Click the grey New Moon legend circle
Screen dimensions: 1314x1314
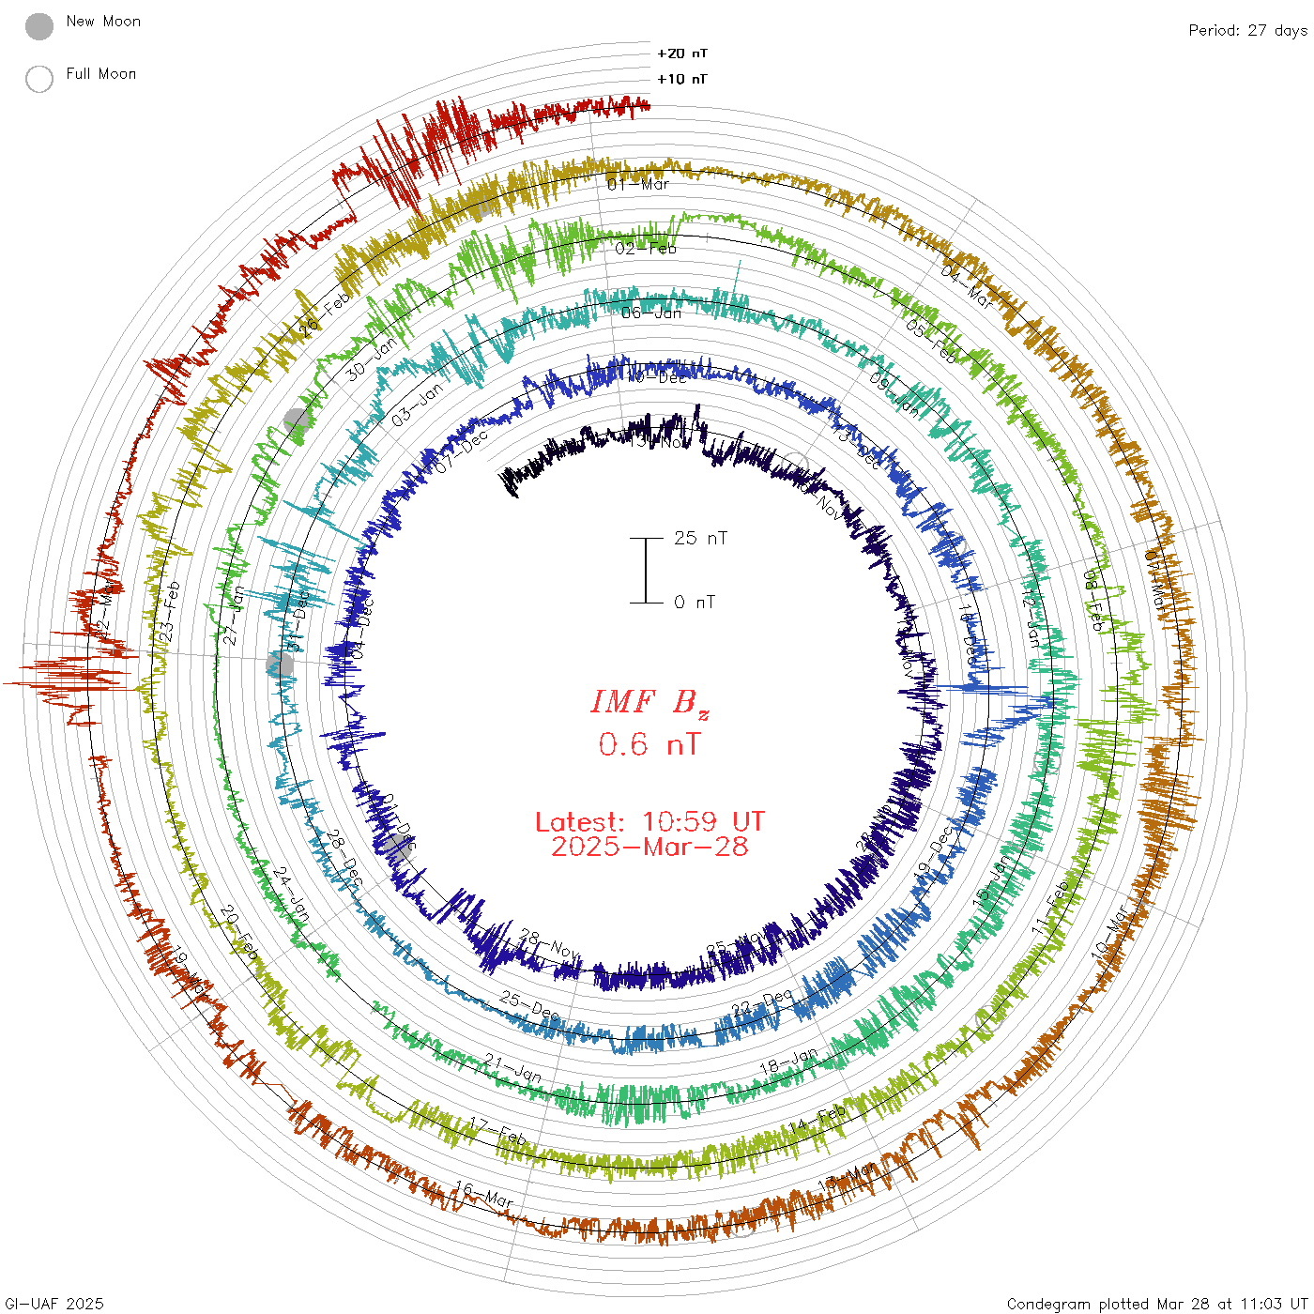coord(39,27)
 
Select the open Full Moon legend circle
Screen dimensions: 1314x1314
coord(39,79)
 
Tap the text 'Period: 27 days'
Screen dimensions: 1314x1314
coord(1247,30)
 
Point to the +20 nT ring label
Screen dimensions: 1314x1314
coord(682,53)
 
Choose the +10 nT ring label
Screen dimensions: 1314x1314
coord(682,79)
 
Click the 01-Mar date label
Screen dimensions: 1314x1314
coord(638,184)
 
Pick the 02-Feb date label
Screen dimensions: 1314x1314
coord(646,249)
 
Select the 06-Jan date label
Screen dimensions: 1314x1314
coord(651,313)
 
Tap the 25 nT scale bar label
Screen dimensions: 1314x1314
coord(700,538)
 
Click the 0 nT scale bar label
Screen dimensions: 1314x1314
coord(695,602)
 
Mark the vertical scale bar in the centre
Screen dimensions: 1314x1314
coord(646,570)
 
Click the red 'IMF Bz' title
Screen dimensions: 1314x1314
coord(649,702)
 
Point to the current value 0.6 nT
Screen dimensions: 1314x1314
coord(649,745)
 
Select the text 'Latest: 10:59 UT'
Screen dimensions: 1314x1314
coord(649,822)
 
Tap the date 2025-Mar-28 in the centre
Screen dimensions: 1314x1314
coord(649,847)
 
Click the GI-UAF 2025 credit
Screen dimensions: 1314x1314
coord(53,1304)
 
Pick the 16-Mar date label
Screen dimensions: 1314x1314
coord(484,1195)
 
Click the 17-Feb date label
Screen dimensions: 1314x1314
coord(498,1131)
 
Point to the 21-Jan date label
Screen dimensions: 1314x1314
coord(513,1067)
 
